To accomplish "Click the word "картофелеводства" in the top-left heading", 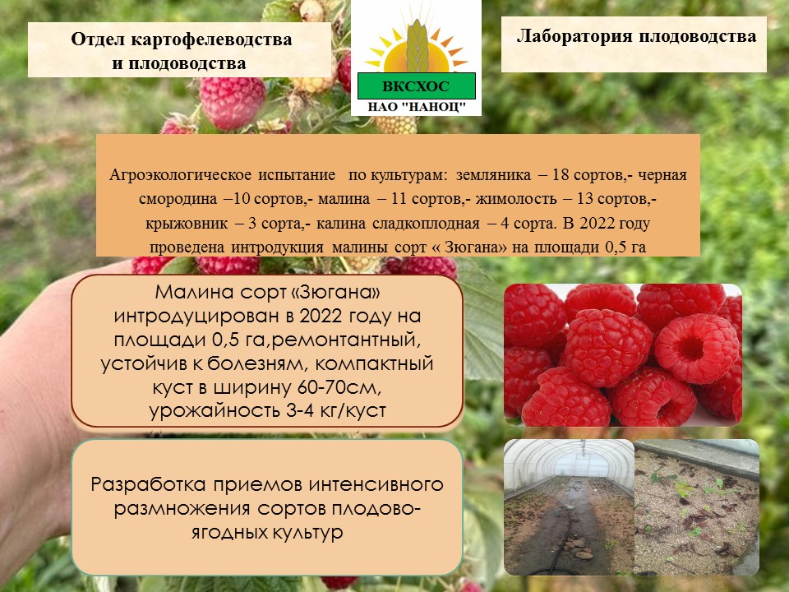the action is click(211, 39).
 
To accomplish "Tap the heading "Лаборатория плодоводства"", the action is click(636, 36).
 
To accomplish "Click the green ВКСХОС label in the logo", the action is click(416, 86).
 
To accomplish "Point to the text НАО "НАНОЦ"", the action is click(417, 107).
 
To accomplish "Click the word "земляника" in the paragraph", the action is click(493, 175).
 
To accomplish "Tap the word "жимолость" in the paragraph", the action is click(516, 199).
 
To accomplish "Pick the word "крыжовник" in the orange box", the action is click(187, 223).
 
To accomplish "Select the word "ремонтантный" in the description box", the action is click(345, 340).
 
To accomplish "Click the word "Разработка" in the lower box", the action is click(149, 485).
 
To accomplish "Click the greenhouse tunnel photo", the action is click(569, 507).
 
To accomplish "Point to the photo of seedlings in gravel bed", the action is click(697, 507).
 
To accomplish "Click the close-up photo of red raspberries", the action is click(623, 355).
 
